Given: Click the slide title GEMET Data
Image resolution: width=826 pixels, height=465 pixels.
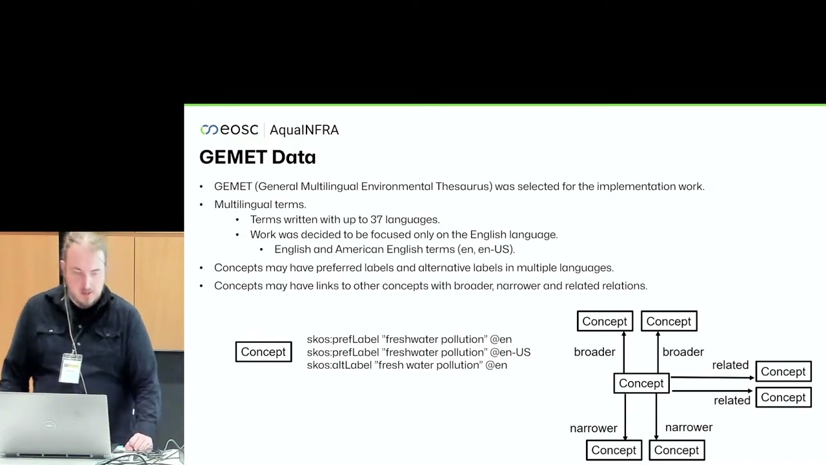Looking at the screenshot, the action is (257, 157).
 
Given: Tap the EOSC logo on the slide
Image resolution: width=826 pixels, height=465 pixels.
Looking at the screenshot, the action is (229, 130).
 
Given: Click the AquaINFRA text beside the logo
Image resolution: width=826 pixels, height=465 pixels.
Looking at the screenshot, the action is (304, 130).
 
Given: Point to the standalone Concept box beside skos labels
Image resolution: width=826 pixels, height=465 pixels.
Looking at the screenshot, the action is (263, 352).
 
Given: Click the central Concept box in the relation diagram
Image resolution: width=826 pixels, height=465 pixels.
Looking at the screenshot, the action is (641, 384).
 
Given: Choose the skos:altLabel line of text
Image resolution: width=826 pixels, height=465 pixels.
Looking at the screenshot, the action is (407, 366).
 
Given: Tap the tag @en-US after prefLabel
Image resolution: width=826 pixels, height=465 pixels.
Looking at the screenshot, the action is (510, 353).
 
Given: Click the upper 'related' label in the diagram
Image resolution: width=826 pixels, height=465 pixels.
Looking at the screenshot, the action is (730, 366).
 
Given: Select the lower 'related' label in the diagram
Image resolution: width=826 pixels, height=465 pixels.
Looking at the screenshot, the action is (732, 400).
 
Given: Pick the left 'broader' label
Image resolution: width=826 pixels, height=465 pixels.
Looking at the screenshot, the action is (594, 352).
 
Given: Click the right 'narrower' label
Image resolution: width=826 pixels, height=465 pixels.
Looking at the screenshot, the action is (689, 428).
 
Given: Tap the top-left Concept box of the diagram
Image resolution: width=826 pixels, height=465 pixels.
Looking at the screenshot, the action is (605, 322).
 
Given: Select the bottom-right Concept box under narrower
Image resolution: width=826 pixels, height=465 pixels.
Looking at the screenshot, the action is (676, 450).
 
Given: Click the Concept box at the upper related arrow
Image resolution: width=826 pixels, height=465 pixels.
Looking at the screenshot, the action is (783, 372).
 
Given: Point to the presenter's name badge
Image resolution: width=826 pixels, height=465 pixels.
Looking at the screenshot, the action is (70, 368).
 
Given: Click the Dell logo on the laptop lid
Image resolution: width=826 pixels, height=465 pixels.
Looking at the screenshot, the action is (49, 425).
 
